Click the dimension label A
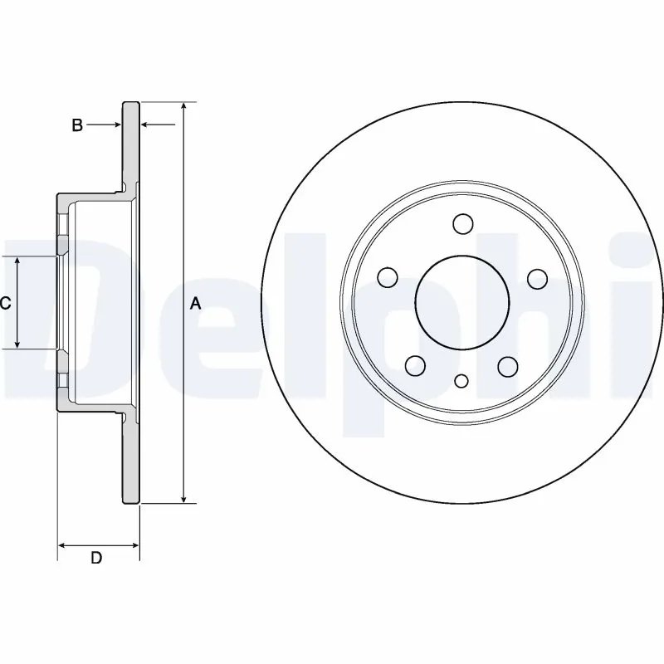pyautogui.click(x=196, y=304)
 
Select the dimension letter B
pyautogui.click(x=77, y=125)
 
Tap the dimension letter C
pyautogui.click(x=5, y=304)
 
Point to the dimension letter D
pyautogui.click(x=96, y=559)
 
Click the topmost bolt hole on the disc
pyautogui.click(x=462, y=223)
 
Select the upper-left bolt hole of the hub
pyautogui.click(x=388, y=276)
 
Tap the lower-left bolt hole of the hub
pyautogui.click(x=416, y=365)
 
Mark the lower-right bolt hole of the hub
pyautogui.click(x=509, y=365)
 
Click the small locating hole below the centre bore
pyautogui.click(x=462, y=381)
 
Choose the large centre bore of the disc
pyautogui.click(x=462, y=304)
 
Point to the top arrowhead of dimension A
pyautogui.click(x=183, y=107)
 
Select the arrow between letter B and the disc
pyautogui.click(x=115, y=125)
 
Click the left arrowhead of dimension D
pyautogui.click(x=62, y=545)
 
